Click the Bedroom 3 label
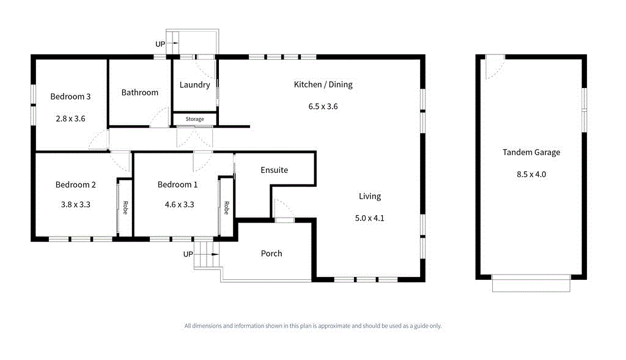tap(70, 97)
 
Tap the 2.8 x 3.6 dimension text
tap(70, 119)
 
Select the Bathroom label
tap(139, 93)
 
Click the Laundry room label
tap(194, 85)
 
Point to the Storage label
tap(194, 119)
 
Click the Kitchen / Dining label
tap(323, 84)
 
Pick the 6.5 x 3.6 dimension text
tap(323, 106)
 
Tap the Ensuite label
tap(274, 170)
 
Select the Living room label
tap(369, 196)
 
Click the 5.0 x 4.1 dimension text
tap(369, 218)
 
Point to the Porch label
tap(271, 254)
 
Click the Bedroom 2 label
tap(75, 185)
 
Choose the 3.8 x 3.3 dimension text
tap(75, 205)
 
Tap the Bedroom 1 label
tap(177, 185)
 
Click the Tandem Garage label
tap(531, 153)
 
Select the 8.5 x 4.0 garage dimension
tap(531, 174)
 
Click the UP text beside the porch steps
tap(188, 254)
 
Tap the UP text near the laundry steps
tap(160, 45)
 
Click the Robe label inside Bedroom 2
tap(125, 208)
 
